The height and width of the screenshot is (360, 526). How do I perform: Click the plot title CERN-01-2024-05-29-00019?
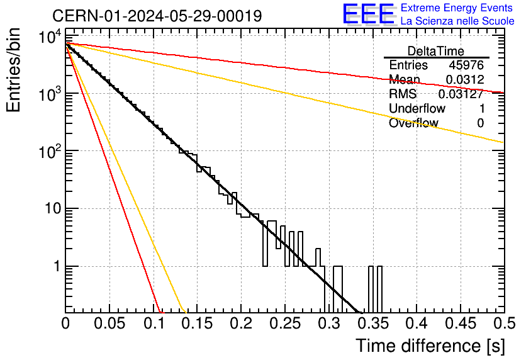pyautogui.click(x=157, y=16)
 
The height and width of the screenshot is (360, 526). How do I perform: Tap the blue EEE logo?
pyautogui.click(x=369, y=14)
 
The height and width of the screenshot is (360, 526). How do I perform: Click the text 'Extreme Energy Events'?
pyautogui.click(x=457, y=8)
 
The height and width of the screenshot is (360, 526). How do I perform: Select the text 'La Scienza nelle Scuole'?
pyautogui.click(x=457, y=21)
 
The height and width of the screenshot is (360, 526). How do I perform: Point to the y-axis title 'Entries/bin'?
pyautogui.click(x=14, y=70)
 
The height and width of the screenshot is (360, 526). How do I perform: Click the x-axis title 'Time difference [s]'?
pyautogui.click(x=430, y=346)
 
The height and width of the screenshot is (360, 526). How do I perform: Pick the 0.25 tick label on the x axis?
pyautogui.click(x=285, y=323)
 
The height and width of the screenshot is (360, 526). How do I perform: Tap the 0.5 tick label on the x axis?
pyautogui.click(x=504, y=323)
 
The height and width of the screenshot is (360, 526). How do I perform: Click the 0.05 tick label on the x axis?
pyautogui.click(x=109, y=323)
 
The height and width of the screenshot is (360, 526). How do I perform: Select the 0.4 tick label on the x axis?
pyautogui.click(x=417, y=323)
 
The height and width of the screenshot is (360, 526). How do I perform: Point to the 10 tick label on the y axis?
pyautogui.click(x=53, y=209)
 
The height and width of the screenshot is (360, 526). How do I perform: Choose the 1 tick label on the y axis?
pyautogui.click(x=57, y=266)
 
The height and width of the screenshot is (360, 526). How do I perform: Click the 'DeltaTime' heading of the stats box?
pyautogui.click(x=436, y=51)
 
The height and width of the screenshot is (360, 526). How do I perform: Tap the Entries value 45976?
pyautogui.click(x=466, y=65)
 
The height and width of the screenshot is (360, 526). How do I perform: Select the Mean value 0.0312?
pyautogui.click(x=465, y=79)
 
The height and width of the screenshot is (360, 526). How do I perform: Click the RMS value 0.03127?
pyautogui.click(x=461, y=94)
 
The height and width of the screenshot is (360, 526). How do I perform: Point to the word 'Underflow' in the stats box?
pyautogui.click(x=417, y=108)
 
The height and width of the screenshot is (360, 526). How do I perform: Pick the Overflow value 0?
pyautogui.click(x=480, y=123)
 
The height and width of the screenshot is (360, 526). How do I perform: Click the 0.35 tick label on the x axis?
pyautogui.click(x=373, y=323)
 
